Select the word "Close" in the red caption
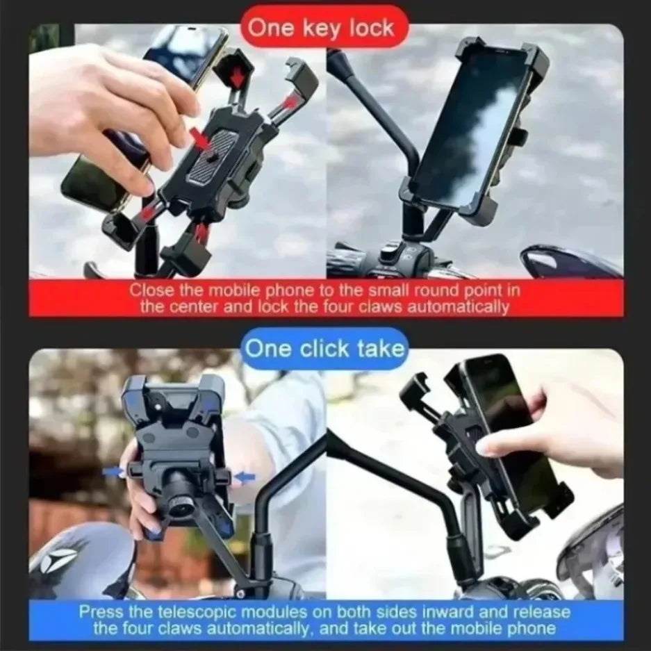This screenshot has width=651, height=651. click(148, 290)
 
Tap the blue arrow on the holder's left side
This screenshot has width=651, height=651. click(114, 472)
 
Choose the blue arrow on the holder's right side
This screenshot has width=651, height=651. click(244, 477)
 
